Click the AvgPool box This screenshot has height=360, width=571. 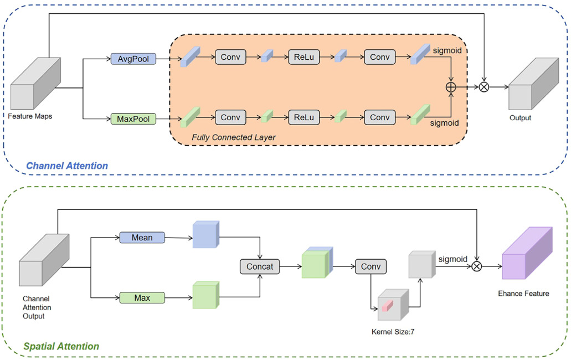133,58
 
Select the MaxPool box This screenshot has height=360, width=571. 133,119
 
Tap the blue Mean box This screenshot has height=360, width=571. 142,238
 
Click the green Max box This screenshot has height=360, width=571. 142,298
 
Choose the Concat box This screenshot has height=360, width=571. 260,266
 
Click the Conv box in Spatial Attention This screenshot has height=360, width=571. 371,266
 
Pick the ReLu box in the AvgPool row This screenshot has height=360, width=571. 303,57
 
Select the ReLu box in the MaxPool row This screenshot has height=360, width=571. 303,117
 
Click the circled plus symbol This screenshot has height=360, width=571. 451,87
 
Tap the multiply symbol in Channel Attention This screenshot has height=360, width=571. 484,87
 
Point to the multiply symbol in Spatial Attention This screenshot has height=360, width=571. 476,266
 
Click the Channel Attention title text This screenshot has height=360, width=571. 67,166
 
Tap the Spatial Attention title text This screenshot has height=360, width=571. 61,347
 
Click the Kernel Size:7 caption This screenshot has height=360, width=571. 393,332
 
